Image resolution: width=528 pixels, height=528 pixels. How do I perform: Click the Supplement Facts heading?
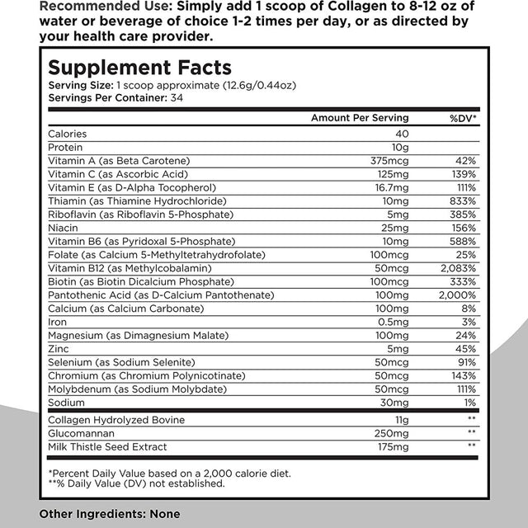pyautogui.click(x=139, y=68)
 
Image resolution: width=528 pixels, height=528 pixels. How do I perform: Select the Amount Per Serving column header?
pyautogui.click(x=360, y=118)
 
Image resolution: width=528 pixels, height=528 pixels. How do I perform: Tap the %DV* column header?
pyautogui.click(x=464, y=118)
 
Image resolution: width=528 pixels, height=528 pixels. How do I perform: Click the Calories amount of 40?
pyautogui.click(x=402, y=134)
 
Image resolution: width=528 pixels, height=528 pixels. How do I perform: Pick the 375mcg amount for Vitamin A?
pyautogui.click(x=392, y=160)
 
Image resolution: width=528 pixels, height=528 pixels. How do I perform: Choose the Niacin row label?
pyautogui.click(x=64, y=227)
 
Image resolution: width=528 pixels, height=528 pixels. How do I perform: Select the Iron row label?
pyautogui.click(x=58, y=322)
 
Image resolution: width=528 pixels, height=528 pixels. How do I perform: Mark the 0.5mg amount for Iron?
pyautogui.click(x=395, y=322)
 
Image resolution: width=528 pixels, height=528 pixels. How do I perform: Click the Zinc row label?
pyautogui.click(x=59, y=348)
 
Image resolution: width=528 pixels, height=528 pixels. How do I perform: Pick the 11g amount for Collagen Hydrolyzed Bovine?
pyautogui.click(x=403, y=420)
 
